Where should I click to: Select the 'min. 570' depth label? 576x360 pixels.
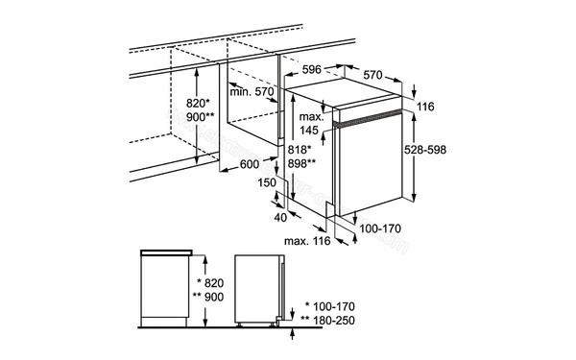pos(252,92)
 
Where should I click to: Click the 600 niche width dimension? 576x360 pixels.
pos(250,164)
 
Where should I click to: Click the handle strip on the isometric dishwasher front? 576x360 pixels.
pos(367,119)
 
